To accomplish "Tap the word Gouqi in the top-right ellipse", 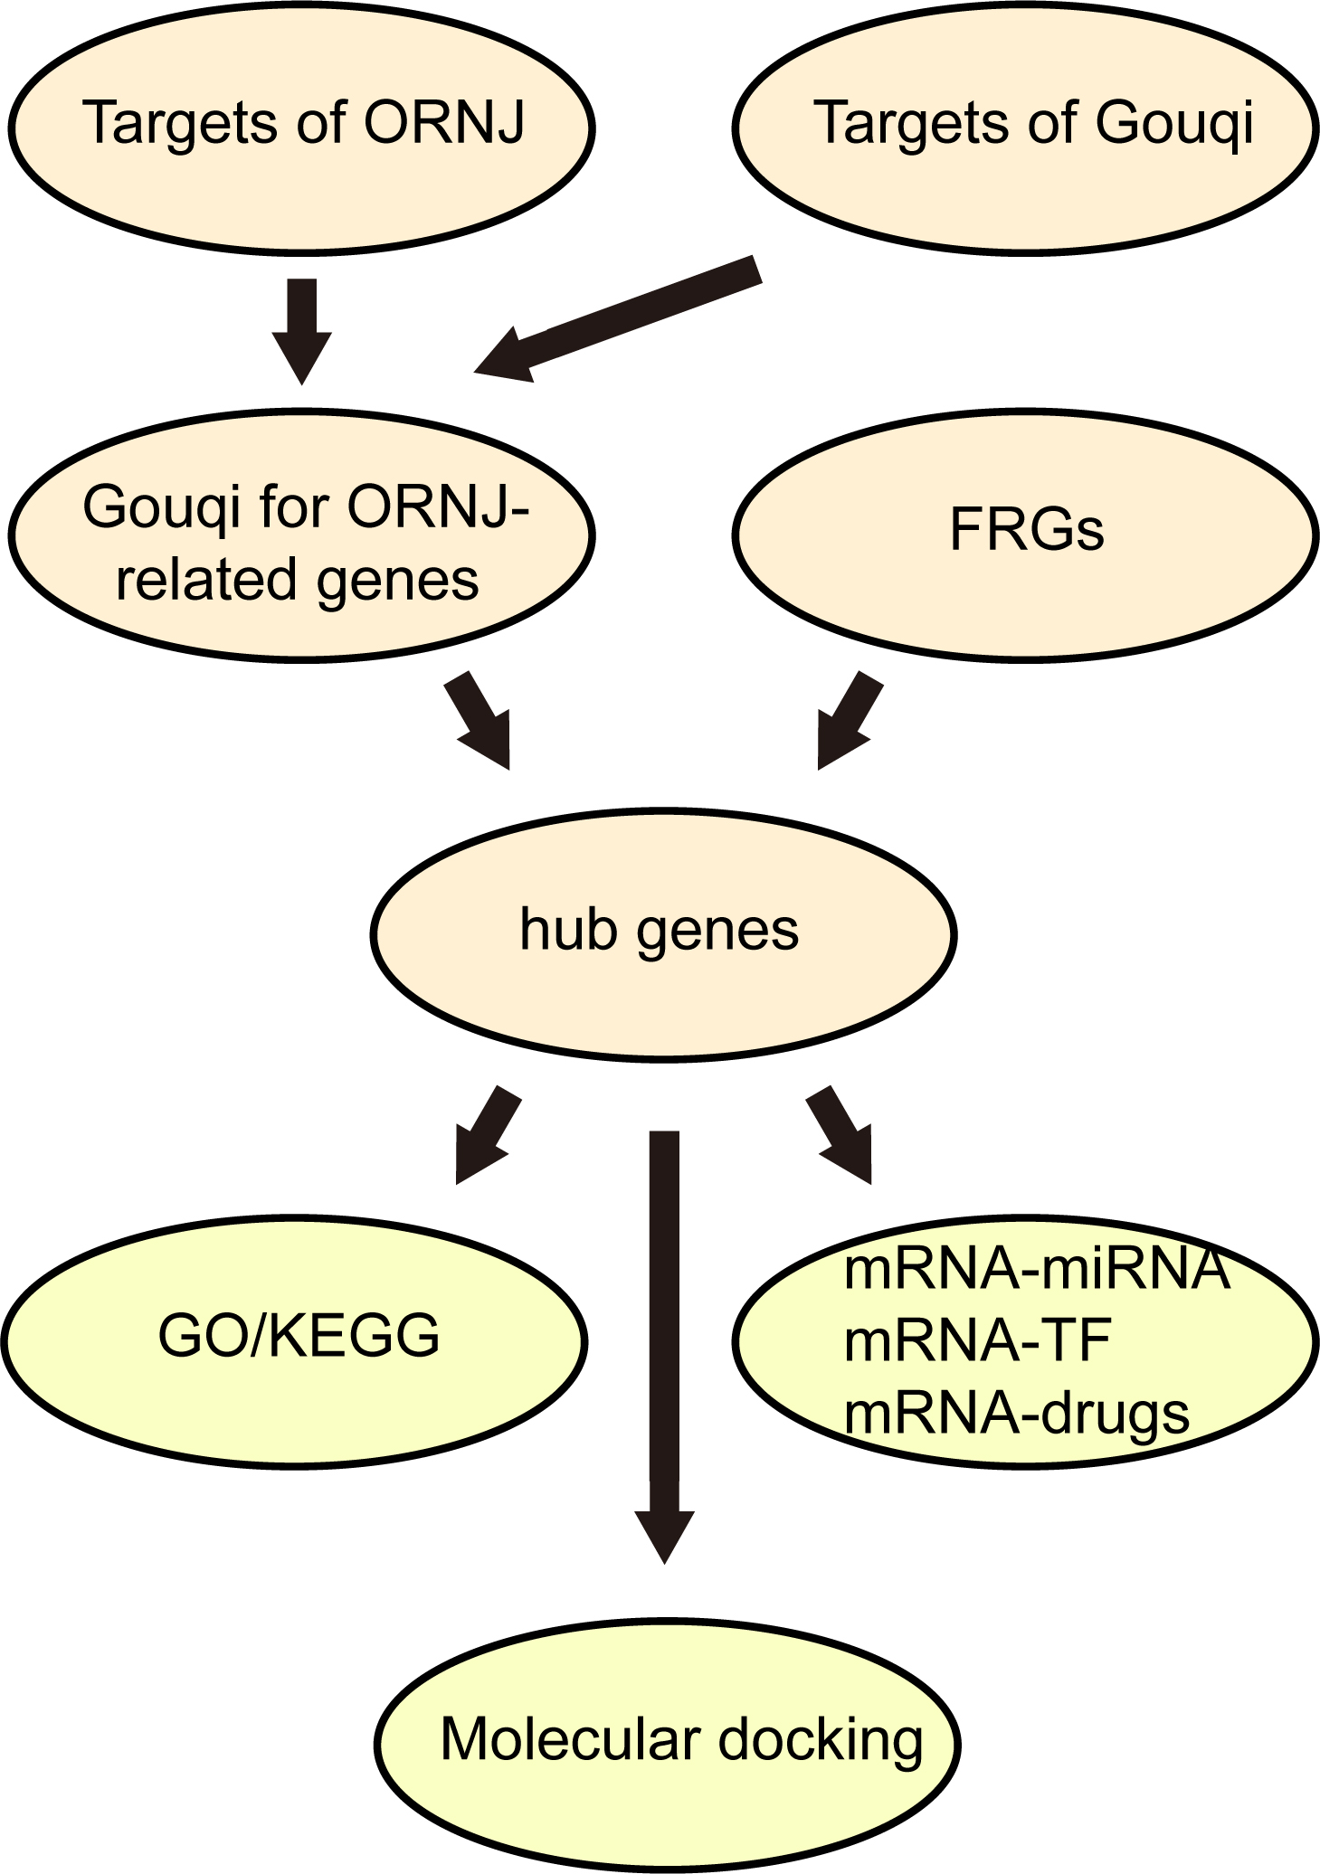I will pyautogui.click(x=1174, y=124).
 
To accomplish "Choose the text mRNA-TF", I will pyautogui.click(x=977, y=1340).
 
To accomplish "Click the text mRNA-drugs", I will pyautogui.click(x=1016, y=1414).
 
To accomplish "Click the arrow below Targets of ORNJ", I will pyautogui.click(x=302, y=329).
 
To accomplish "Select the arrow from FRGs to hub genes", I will pyautogui.click(x=848, y=720).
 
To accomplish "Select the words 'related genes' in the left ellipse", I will pyautogui.click(x=297, y=581).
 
